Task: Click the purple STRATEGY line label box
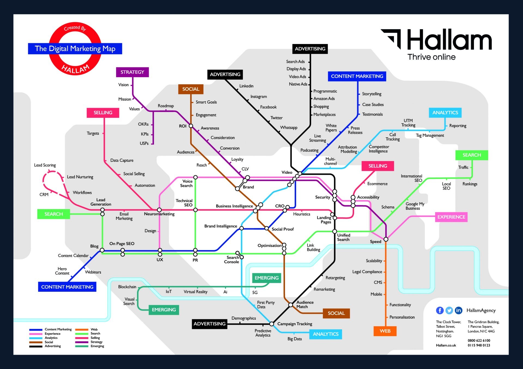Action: [132, 72]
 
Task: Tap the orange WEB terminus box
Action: [385, 331]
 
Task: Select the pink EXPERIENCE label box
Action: [451, 217]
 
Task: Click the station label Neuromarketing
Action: [159, 214]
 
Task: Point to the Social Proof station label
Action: [282, 229]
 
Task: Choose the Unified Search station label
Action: [343, 237]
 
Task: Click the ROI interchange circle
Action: [191, 126]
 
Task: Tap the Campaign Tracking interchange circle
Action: [272, 324]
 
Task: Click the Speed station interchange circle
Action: [386, 239]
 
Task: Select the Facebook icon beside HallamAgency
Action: [440, 310]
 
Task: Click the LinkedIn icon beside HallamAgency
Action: [458, 310]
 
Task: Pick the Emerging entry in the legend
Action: [97, 346]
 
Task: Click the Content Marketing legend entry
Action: [58, 329]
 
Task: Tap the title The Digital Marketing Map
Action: [75, 49]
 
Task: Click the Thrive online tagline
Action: [431, 57]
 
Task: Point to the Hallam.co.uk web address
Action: [446, 345]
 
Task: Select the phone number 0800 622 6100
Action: [479, 340]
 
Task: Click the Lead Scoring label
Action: [45, 165]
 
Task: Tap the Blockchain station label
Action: [127, 287]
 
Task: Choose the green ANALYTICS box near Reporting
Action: [445, 113]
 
